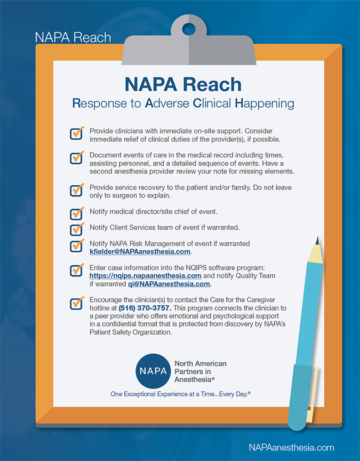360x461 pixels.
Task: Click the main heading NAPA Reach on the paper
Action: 183,84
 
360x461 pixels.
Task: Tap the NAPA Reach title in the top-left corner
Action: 73,37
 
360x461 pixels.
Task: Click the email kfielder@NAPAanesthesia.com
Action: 140,251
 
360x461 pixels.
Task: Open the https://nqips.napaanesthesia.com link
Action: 145,275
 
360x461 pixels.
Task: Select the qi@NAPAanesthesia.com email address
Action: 165,284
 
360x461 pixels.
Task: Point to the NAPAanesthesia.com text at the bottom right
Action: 291,448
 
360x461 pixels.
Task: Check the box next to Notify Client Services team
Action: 77,228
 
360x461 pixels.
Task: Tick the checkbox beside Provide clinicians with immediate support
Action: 77,133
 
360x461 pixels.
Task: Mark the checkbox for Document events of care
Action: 77,157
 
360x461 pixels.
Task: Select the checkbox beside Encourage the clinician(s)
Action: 77,303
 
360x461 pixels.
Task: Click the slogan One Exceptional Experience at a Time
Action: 180,394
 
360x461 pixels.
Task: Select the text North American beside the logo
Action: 201,363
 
